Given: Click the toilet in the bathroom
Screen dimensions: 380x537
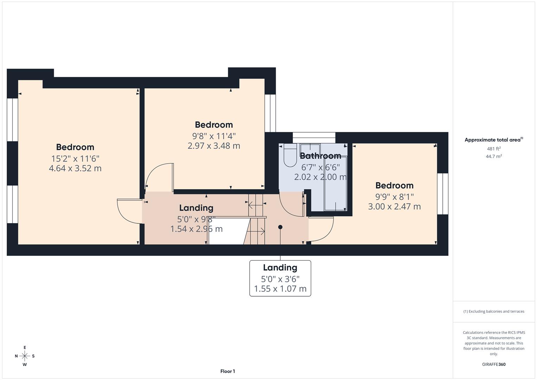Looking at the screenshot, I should click(290, 156).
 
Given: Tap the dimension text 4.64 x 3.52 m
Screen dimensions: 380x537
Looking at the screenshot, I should click(75, 169).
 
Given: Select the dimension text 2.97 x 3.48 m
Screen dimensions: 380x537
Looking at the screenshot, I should click(213, 146).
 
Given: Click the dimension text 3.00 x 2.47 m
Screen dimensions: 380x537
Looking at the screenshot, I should click(394, 207).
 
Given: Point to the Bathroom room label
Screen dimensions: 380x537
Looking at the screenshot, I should click(320, 156).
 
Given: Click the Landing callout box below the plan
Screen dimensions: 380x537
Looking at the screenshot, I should click(280, 278).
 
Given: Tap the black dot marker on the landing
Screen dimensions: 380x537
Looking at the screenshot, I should click(280, 227).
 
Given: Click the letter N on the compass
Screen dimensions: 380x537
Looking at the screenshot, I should click(16, 356).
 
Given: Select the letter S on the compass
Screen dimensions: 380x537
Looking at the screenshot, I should click(33, 356).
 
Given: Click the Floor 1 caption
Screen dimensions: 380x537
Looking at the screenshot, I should click(228, 371).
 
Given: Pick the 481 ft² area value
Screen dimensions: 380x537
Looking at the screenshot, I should click(494, 149).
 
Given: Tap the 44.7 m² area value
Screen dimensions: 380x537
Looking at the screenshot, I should click(494, 157).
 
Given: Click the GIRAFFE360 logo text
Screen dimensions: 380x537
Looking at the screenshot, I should click(494, 365).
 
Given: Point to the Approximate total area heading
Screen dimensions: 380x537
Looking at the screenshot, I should click(493, 140).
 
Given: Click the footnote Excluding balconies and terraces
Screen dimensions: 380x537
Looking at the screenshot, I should click(494, 311).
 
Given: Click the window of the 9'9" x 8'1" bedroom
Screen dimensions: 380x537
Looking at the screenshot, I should click(443, 194).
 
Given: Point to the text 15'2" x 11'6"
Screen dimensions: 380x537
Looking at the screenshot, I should click(75, 159).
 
